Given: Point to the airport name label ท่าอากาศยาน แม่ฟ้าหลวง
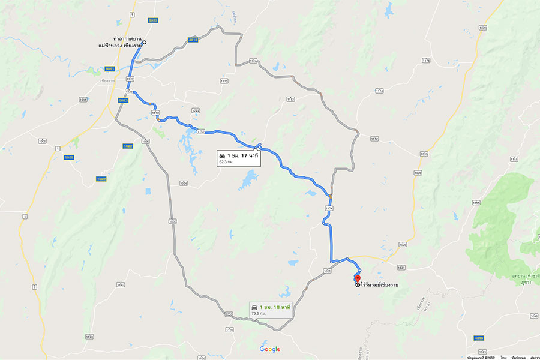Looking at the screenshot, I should [x=119, y=41].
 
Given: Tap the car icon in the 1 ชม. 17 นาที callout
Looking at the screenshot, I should [x=222, y=156].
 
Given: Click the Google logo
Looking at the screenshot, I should [x=269, y=349].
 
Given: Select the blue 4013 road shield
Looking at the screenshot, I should [x=193, y=40].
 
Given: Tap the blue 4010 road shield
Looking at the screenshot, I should [x=478, y=338].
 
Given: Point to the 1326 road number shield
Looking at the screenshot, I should [x=253, y=61].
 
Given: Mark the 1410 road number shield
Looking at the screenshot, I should [x=155, y=112].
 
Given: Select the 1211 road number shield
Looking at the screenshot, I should [x=83, y=100].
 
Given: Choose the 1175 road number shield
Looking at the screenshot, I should [x=224, y=80].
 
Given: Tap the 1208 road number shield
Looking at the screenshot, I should [x=42, y=141].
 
